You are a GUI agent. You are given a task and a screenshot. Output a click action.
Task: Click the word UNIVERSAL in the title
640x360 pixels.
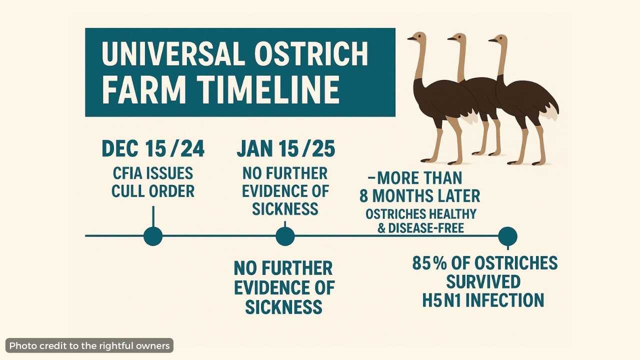click(x=173, y=53)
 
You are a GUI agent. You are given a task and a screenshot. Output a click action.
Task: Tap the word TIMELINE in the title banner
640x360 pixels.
click(x=268, y=89)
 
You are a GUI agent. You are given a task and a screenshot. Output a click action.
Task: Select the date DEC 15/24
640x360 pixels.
click(x=153, y=148)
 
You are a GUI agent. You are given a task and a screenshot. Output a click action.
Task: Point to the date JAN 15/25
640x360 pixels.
click(x=286, y=148)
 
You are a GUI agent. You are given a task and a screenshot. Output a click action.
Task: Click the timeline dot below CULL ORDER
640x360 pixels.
click(x=153, y=236)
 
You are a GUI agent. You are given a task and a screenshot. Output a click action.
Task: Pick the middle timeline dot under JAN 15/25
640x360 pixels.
click(x=285, y=236)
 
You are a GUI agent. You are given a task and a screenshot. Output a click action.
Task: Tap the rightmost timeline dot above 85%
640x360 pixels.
click(x=507, y=236)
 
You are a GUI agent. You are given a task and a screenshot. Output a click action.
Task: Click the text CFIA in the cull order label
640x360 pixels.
click(x=125, y=173)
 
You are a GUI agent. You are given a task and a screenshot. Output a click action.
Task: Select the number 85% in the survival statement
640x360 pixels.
click(x=429, y=263)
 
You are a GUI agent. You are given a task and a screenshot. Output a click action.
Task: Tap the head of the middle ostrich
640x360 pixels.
click(x=457, y=39)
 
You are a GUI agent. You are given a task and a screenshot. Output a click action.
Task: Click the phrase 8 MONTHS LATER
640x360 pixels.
click(x=419, y=196)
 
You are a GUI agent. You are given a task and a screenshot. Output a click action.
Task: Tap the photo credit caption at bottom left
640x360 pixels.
click(x=89, y=346)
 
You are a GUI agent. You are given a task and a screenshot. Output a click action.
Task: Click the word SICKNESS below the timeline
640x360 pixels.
click(x=283, y=307)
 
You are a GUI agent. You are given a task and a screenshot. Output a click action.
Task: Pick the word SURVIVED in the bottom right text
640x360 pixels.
click(x=483, y=281)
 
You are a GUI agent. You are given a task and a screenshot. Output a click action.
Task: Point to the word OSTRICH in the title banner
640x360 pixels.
click(x=311, y=53)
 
